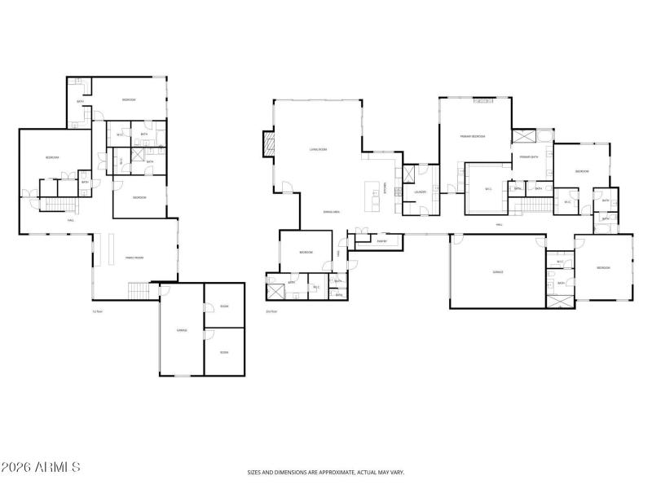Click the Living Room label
tap(318, 150)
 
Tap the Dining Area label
tap(331, 212)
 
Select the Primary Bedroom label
tap(473, 136)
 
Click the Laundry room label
tap(421, 192)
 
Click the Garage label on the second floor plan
tap(497, 272)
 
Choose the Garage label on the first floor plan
tap(183, 330)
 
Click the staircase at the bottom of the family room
tap(141, 290)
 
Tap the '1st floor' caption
tap(97, 311)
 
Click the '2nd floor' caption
tap(271, 311)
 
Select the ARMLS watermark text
tap(41, 467)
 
